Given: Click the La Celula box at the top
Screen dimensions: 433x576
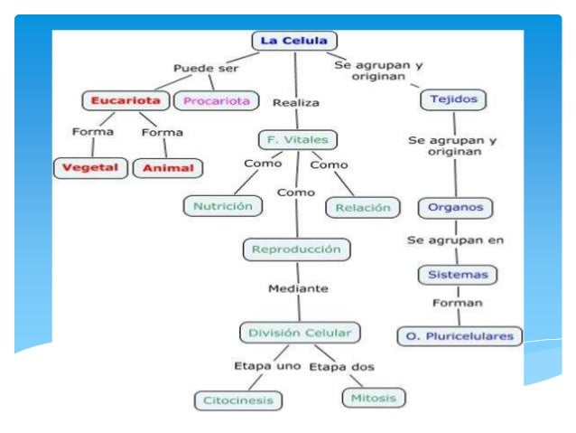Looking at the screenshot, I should pyautogui.click(x=294, y=41).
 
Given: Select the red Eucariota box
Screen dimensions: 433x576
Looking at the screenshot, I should pyautogui.click(x=125, y=99).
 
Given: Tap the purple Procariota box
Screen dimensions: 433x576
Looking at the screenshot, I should pyautogui.click(x=217, y=100).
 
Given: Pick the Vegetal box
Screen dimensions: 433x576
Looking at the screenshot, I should pyautogui.click(x=90, y=167).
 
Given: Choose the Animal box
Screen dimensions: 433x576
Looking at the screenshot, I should pyautogui.click(x=169, y=167).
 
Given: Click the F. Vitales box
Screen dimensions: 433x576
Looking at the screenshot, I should pyautogui.click(x=294, y=139).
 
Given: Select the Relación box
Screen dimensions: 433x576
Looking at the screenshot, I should pyautogui.click(x=362, y=207).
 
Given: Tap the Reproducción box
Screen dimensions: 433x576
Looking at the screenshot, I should pyautogui.click(x=296, y=248).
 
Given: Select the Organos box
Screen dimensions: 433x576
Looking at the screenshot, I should pyautogui.click(x=457, y=207).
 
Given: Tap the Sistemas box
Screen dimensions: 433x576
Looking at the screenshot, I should pyautogui.click(x=458, y=274).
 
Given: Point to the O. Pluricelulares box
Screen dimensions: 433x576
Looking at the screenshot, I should pyautogui.click(x=460, y=335).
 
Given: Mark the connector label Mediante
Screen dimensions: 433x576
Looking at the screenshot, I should pyautogui.click(x=298, y=288).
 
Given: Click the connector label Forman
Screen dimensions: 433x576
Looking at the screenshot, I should pyautogui.click(x=457, y=303).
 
